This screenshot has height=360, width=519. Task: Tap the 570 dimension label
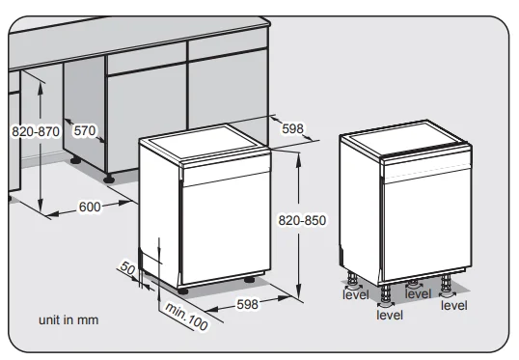tap(86, 129)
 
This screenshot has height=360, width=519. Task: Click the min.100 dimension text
tap(186, 317)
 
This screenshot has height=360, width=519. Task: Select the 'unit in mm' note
tap(68, 318)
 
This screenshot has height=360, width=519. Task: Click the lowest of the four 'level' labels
tap(390, 315)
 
